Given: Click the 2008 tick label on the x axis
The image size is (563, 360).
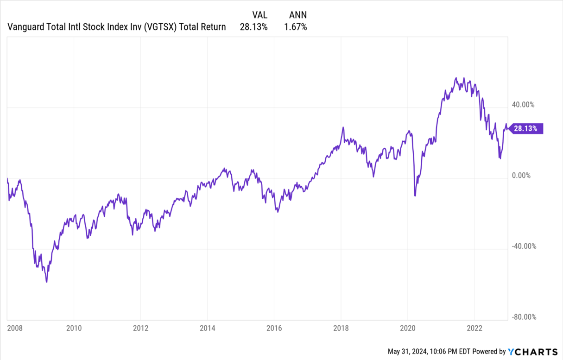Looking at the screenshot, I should [14, 328].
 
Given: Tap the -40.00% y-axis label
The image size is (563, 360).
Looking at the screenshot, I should [524, 246].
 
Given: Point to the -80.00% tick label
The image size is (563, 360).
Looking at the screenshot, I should [524, 317].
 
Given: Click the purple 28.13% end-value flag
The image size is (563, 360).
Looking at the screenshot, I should [526, 129].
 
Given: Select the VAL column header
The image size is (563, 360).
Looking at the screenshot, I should [259, 15].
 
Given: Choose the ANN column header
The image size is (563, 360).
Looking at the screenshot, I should [298, 15].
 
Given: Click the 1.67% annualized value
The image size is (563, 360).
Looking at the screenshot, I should [295, 27].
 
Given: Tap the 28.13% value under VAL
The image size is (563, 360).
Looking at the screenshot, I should [253, 27].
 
